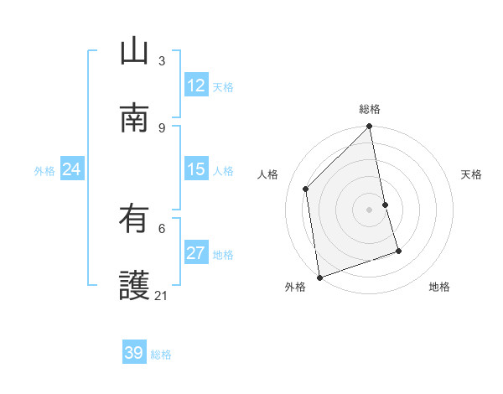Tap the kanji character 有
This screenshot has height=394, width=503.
134,219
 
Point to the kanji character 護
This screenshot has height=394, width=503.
134,286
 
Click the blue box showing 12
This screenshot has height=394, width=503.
196,86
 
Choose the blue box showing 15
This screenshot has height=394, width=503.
196,169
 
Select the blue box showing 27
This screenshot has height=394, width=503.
196,253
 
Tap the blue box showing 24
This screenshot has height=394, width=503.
71,169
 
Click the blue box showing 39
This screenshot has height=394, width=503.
134,353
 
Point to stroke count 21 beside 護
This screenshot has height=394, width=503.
162,295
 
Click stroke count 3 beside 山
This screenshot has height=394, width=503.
162,60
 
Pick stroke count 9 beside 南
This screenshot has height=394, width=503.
162,127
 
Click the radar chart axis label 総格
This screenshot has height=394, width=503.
370,109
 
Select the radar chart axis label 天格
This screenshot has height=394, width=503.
471,174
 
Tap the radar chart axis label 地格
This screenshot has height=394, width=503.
439,288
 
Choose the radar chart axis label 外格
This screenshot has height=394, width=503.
295,288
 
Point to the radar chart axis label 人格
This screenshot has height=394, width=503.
268,174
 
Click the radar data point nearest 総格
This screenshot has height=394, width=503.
370,127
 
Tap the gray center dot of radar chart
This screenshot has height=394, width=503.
370,209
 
